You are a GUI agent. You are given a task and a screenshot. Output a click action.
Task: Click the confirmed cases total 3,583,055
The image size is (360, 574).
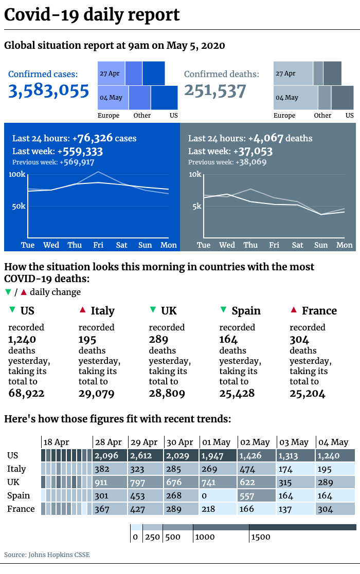pyautogui.click(x=48, y=91)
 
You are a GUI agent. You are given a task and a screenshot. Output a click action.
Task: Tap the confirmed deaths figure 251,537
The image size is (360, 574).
pyautogui.click(x=215, y=91)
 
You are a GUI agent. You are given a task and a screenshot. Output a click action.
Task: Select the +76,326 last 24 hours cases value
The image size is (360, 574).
pyautogui.click(x=93, y=138)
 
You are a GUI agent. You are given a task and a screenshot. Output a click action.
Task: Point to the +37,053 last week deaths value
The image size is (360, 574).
pyautogui.click(x=253, y=151)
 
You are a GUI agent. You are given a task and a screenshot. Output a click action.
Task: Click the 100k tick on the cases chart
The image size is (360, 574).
pyautogui.click(x=17, y=174)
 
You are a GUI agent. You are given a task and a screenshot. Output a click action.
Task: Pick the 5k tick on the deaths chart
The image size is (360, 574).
pyautogui.click(x=197, y=206)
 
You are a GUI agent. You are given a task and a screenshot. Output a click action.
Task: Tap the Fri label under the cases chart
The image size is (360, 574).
pyautogui.click(x=98, y=245)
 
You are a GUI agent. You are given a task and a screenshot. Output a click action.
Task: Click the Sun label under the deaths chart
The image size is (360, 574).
pyautogui.click(x=321, y=245)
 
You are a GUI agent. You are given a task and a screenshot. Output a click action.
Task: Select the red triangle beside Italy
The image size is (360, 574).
pyautogui.click(x=83, y=310)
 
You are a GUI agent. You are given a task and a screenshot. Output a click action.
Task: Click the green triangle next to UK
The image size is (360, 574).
pyautogui.click(x=153, y=310)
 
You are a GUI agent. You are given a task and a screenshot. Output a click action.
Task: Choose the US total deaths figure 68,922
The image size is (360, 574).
pyautogui.click(x=26, y=394)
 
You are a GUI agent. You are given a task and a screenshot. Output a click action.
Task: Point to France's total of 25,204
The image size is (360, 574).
pyautogui.click(x=307, y=394)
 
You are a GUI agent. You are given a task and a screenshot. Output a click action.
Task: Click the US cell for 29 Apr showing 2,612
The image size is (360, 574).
pyautogui.click(x=146, y=455)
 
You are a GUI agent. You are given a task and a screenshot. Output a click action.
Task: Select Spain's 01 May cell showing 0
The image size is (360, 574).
pyautogui.click(x=218, y=496)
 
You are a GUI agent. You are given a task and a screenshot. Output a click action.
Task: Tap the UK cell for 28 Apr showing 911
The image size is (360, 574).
pyautogui.click(x=110, y=483)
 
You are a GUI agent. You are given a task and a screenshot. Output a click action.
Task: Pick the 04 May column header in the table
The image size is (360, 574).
pyautogui.click(x=333, y=442)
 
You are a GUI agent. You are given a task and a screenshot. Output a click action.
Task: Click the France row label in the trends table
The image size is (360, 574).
pyautogui.click(x=21, y=509)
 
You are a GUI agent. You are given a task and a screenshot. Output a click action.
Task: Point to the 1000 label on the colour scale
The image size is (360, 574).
pyautogui.click(x=205, y=537)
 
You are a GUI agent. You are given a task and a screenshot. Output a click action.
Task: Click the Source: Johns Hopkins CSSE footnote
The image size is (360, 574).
pyautogui.click(x=47, y=554)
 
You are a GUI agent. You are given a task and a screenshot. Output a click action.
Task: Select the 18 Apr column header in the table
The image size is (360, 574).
pyautogui.click(x=56, y=442)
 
